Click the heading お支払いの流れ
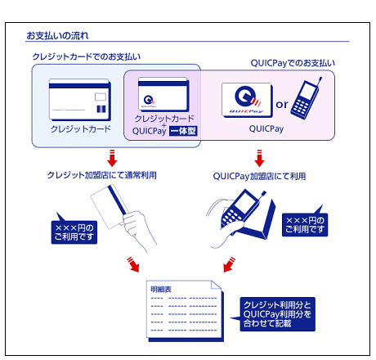(57, 36)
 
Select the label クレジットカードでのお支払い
(87, 56)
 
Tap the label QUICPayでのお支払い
(293, 63)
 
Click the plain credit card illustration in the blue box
(80, 100)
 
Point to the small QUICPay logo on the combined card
(150, 101)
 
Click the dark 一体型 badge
(183, 131)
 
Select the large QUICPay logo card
(247, 101)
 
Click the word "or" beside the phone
(282, 105)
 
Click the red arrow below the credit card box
(112, 158)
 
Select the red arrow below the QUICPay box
(259, 158)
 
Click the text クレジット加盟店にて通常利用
(102, 175)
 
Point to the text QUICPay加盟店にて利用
(259, 176)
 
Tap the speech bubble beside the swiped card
(74, 231)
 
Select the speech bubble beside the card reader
(305, 223)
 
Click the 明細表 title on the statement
(161, 290)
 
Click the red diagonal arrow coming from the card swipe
(133, 264)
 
